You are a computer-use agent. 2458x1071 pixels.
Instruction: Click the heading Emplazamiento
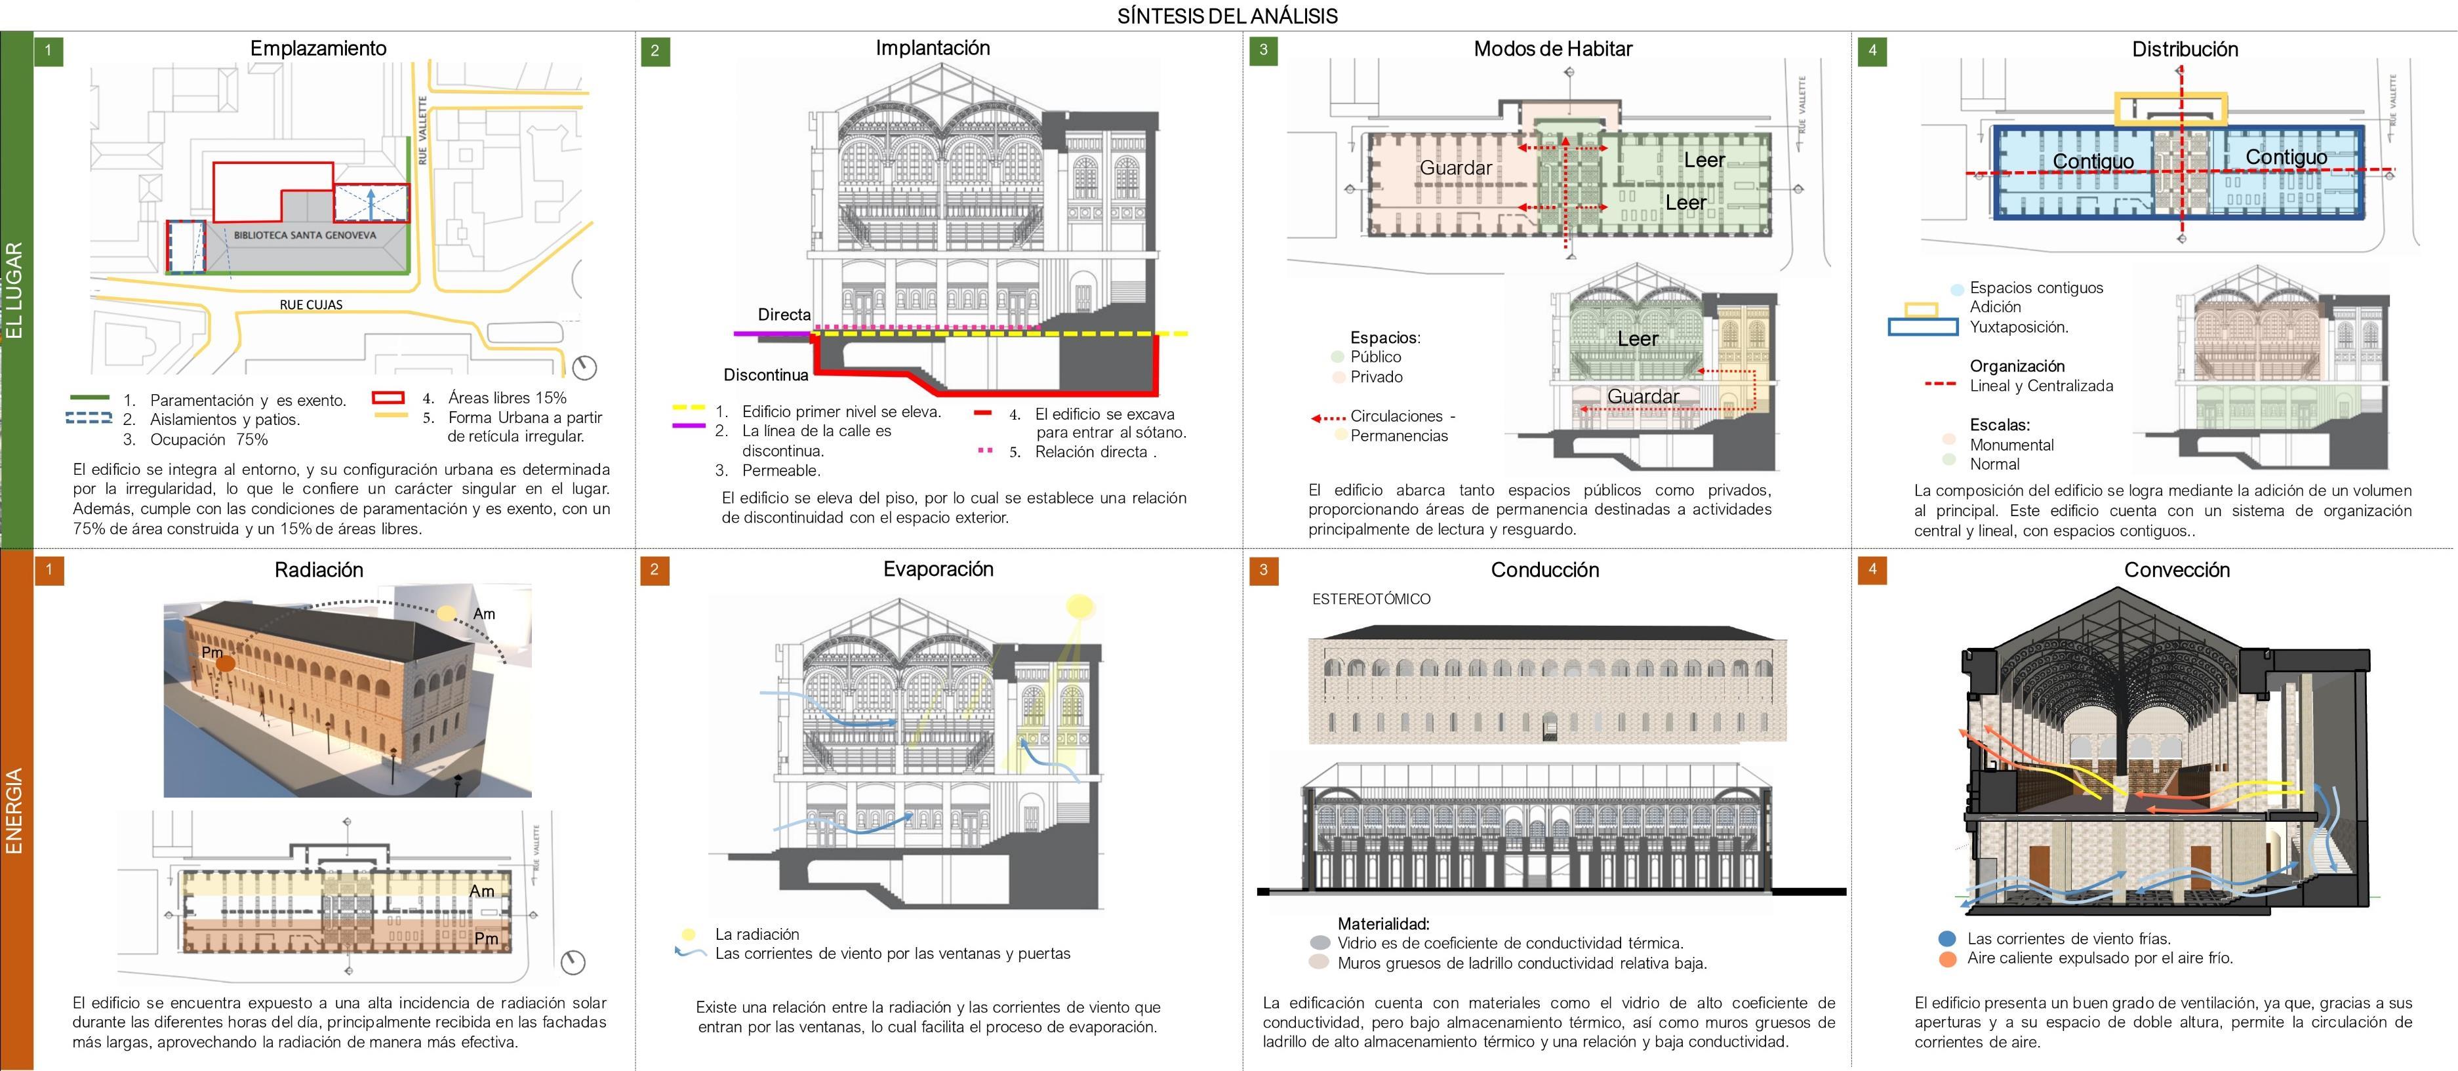pos(318,49)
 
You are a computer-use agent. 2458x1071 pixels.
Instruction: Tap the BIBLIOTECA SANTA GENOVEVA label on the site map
pos(306,235)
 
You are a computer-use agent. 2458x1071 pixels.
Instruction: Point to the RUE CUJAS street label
pos(311,304)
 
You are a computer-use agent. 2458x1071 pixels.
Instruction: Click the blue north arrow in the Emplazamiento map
pos(371,203)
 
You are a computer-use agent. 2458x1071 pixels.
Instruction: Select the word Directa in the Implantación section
pos(784,315)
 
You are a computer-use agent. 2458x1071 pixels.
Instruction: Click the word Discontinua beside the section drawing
pos(765,375)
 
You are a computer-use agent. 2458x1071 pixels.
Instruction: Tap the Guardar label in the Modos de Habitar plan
pos(1455,168)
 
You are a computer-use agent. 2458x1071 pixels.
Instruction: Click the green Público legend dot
pos(1338,357)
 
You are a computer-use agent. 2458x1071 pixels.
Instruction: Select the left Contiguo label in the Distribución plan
pos(2093,161)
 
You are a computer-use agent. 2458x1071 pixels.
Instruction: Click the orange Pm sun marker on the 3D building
pos(225,664)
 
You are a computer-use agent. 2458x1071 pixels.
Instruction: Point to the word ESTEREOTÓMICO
pos(1371,599)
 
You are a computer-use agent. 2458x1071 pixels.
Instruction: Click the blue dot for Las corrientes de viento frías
pos(1948,939)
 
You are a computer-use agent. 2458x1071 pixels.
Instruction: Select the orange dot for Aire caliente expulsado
pos(1948,958)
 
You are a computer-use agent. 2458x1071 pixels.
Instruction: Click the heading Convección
pos(2177,570)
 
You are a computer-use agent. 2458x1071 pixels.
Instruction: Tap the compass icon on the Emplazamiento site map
pos(584,367)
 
